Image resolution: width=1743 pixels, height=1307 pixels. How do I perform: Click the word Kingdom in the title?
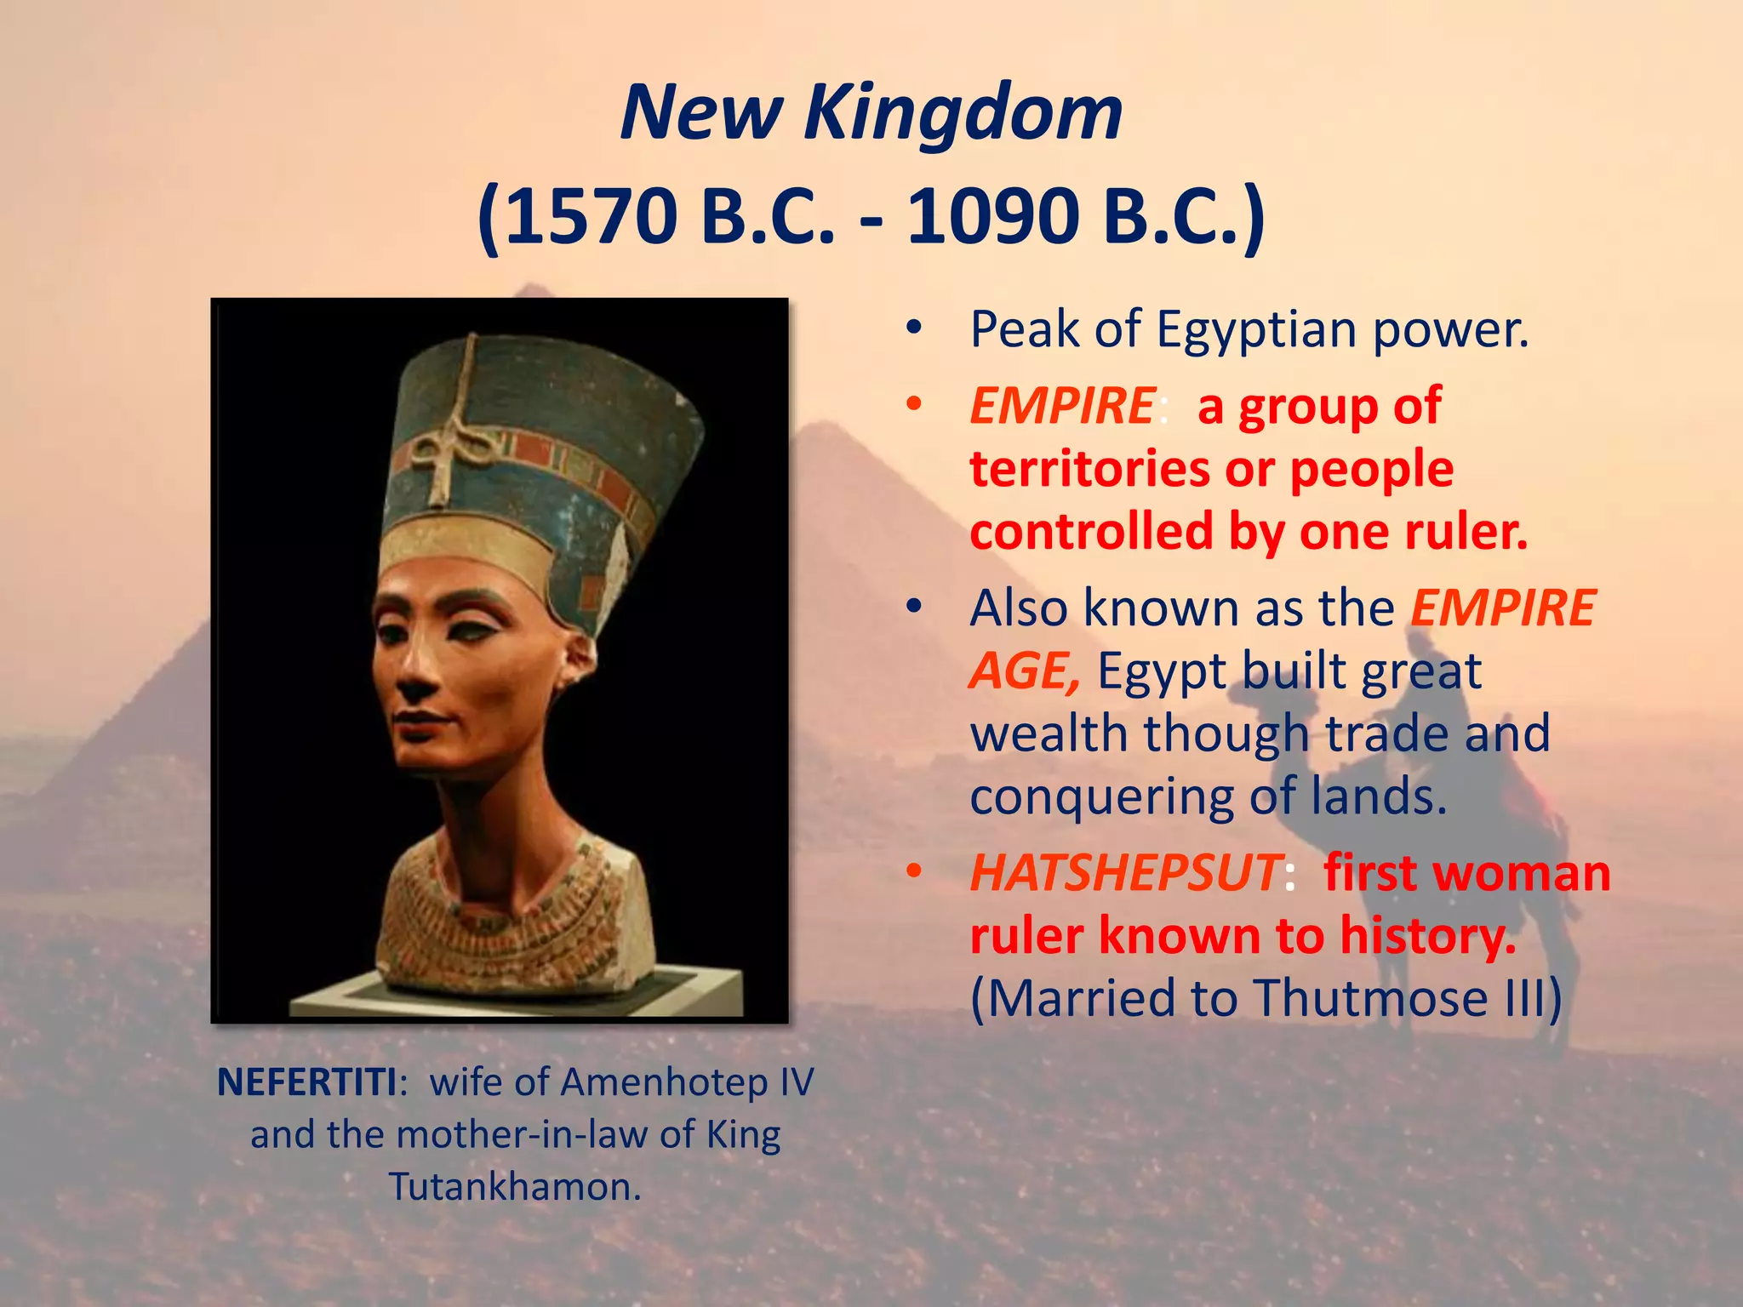[963, 113]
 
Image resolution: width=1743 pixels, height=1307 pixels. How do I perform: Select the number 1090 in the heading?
[992, 216]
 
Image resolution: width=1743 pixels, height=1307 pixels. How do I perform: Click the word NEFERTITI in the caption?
[306, 1083]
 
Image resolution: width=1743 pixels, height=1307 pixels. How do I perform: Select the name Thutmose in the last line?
[1369, 998]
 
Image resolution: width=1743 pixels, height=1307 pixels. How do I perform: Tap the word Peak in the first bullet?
[1026, 329]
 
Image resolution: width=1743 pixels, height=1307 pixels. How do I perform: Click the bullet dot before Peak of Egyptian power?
[914, 328]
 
